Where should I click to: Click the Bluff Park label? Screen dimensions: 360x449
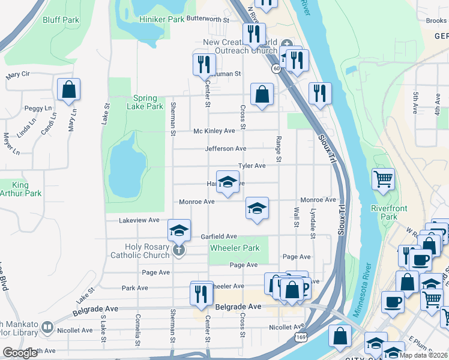(61, 20)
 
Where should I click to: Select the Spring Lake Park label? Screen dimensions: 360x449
(145, 102)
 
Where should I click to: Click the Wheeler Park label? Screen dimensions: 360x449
(234, 248)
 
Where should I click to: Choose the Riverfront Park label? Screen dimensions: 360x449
(388, 212)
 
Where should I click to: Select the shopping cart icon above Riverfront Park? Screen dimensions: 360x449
(383, 179)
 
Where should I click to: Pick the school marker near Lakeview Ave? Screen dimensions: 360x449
(179, 230)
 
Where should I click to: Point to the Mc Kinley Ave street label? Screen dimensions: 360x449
(214, 131)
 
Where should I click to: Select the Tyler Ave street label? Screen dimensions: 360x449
(252, 166)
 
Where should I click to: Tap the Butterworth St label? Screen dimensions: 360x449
(208, 19)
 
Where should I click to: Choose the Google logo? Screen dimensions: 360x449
(20, 353)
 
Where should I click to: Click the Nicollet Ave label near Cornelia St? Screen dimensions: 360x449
(75, 330)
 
